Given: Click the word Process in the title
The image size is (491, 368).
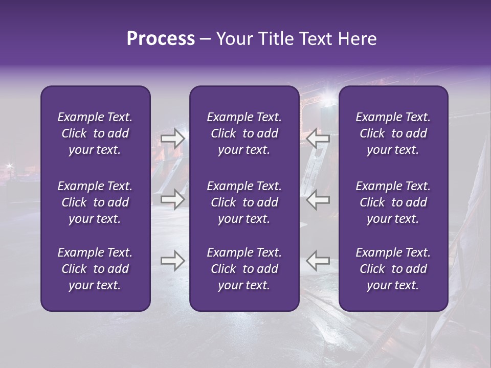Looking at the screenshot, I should click(161, 39).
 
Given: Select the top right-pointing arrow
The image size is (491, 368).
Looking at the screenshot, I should click(172, 139).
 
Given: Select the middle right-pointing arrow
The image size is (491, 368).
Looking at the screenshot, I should click(172, 199).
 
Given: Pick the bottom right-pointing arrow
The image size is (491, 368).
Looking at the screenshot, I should click(172, 261).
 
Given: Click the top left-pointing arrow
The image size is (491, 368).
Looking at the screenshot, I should click(318, 139).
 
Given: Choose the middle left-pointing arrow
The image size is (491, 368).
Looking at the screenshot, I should click(318, 199).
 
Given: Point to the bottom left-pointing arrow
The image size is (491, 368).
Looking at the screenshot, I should click(318, 261).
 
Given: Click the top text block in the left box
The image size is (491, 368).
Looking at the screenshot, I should click(95, 133).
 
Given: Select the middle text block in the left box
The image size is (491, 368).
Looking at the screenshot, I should click(95, 202).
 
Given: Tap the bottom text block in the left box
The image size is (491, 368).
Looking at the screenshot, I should click(95, 269).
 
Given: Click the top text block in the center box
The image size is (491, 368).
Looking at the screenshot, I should click(244, 133).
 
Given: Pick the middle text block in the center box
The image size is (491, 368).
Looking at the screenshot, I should click(244, 202).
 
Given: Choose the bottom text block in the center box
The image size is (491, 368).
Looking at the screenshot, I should click(244, 269).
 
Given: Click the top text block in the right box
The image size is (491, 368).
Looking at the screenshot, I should click(393, 133).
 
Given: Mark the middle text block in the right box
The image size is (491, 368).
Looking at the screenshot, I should click(393, 202).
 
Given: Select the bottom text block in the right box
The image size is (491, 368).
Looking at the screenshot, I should click(393, 269).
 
